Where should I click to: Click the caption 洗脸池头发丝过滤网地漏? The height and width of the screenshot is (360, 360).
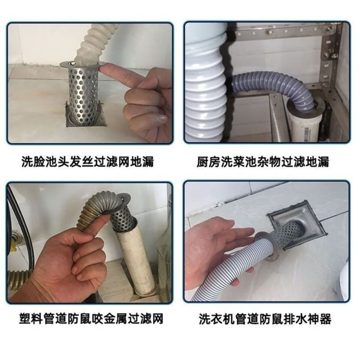pos(87,162)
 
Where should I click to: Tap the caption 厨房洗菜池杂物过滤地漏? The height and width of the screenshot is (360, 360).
pos(262,162)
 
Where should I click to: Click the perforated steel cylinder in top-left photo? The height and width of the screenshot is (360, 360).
pos(82,94)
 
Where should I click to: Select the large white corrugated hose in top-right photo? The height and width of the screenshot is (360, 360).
pos(204,86)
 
